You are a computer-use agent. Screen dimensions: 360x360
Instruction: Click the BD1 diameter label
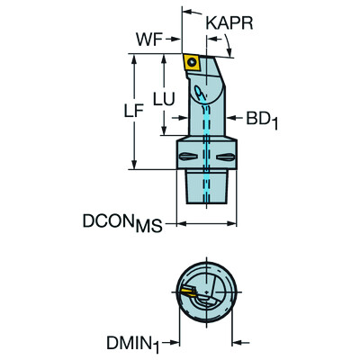point(257,117)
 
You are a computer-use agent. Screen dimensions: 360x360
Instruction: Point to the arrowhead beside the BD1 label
point(231,116)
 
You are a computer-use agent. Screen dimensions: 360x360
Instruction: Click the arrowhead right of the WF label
point(176,40)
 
